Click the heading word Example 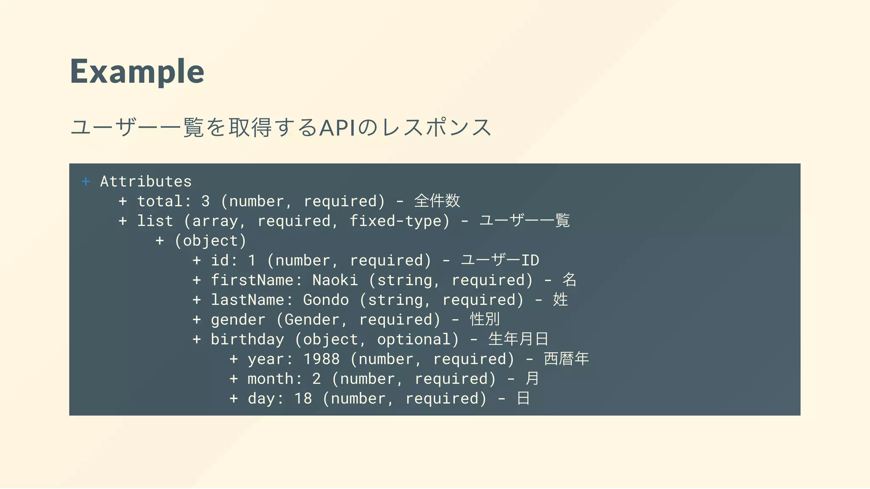137,71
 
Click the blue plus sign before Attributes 86,182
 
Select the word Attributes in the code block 146,182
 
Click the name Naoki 335,280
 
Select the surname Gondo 326,300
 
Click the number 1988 321,359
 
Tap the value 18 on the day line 303,399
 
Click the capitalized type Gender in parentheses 312,320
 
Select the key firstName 252,280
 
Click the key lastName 248,300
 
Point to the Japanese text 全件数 437,201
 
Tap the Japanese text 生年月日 518,339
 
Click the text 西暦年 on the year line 566,359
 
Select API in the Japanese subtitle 337,128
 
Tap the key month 271,379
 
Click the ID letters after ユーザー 530,260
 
